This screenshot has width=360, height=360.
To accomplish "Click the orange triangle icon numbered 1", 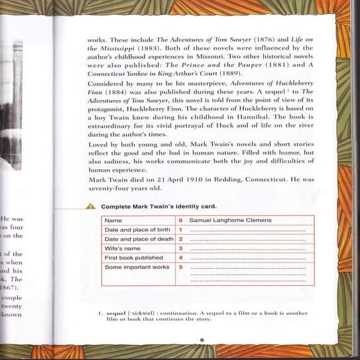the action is coord(91,207).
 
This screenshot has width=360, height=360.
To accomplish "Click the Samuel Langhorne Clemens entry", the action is coord(230,220).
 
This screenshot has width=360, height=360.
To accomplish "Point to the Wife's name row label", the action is coord(121,248).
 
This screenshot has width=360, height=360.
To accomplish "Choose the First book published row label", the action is coord(133,257).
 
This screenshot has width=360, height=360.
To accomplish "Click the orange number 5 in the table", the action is coord(180,267).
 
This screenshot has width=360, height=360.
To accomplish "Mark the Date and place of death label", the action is coord(139,239).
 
